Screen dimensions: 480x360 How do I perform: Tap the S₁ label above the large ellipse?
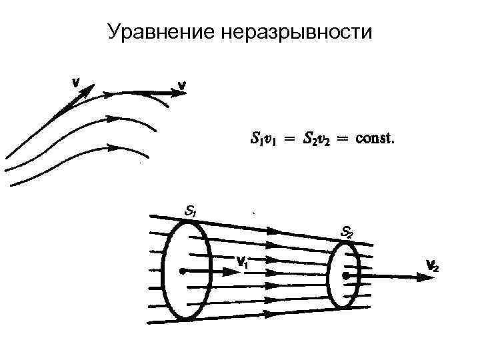tap(190, 212)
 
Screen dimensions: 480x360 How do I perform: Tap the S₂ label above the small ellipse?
tap(347, 233)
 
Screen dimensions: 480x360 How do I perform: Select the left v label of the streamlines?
tap(77, 82)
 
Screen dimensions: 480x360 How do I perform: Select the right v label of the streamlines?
tap(181, 85)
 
